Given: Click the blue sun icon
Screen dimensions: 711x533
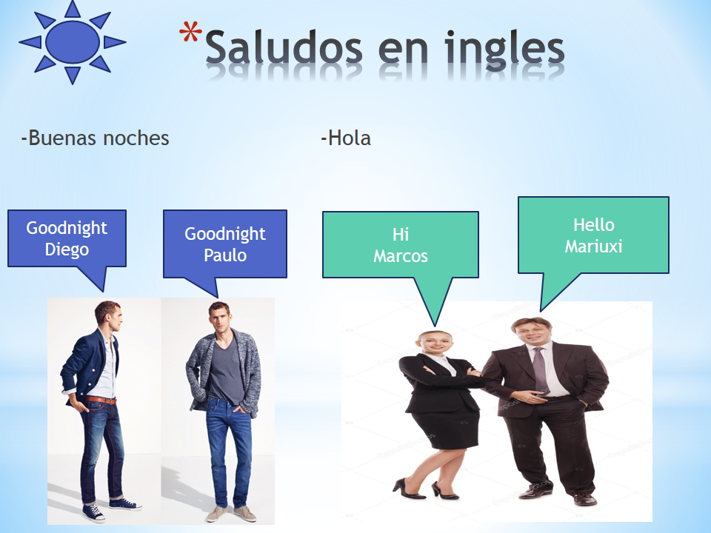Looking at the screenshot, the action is [72, 41].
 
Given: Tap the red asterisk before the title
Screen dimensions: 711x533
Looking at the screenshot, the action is [190, 32].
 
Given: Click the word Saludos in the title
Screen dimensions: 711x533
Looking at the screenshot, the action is [284, 47].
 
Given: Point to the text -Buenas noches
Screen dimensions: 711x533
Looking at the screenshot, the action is [96, 138].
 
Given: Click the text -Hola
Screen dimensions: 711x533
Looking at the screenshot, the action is [346, 138].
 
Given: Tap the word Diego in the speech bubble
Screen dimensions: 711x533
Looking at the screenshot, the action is [67, 249].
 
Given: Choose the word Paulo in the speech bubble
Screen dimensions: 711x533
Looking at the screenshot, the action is [225, 255].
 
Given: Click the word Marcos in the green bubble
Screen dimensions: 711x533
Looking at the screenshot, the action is [401, 257].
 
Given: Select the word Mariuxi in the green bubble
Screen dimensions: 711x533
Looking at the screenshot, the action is [593, 247].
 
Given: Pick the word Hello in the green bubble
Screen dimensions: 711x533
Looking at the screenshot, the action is [593, 225].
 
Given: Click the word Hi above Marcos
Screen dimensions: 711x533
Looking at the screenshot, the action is [401, 235].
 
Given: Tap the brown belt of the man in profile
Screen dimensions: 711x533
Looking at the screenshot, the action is [101, 400].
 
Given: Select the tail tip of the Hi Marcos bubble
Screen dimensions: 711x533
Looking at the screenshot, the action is [435, 326].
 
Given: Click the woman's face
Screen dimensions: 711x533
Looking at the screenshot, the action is [435, 343].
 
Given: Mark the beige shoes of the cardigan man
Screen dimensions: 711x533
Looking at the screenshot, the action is [231, 514].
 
